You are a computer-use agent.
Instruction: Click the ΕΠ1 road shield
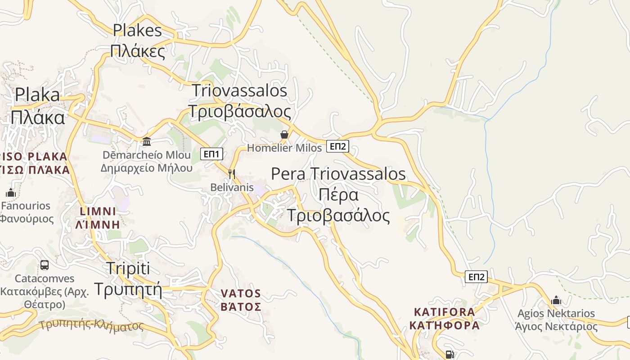tap(211, 154)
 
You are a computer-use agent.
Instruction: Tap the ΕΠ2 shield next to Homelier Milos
tap(337, 146)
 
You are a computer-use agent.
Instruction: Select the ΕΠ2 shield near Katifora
tap(476, 277)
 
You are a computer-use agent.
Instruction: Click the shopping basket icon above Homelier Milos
tap(284, 135)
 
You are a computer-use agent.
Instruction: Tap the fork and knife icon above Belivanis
tap(232, 174)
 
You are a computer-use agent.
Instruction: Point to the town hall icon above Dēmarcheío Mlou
tap(147, 142)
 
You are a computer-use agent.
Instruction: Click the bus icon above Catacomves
tap(44, 265)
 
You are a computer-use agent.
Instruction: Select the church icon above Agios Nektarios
tap(556, 300)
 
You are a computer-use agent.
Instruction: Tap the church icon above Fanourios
tap(11, 193)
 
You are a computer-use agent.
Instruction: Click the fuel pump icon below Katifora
tap(449, 354)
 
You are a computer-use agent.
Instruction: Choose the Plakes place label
tap(137, 31)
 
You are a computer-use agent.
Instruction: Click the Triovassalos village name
tap(239, 90)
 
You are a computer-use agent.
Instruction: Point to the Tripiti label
tap(128, 269)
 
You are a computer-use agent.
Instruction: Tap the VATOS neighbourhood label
tap(241, 294)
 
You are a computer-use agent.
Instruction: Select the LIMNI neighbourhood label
tap(98, 211)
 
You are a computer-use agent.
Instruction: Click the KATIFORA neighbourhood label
tap(445, 312)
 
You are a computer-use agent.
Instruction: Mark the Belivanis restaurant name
tap(232, 187)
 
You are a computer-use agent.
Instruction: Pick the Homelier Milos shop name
tap(284, 148)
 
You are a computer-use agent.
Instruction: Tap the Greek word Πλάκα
tap(38, 117)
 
